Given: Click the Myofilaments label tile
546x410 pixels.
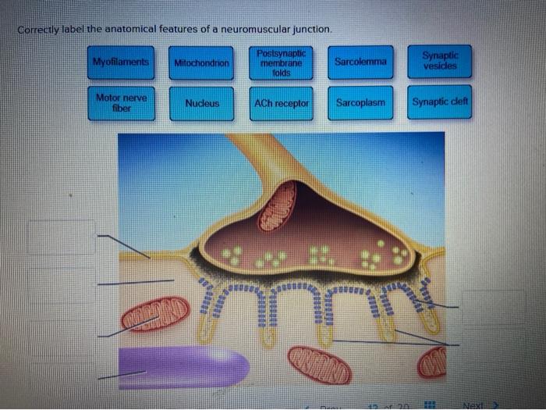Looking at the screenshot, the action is click(121, 62).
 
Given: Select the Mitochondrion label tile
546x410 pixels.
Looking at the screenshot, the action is click(202, 62).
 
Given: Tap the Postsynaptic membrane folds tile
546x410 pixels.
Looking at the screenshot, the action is click(282, 62).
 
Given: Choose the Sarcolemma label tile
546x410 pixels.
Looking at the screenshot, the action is click(360, 61).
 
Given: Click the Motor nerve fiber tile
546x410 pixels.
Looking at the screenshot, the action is click(121, 104).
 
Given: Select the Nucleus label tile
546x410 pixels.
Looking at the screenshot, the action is click(202, 104).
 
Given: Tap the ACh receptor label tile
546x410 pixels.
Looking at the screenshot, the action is click(282, 104).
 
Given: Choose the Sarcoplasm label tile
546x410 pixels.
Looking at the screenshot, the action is click(360, 103).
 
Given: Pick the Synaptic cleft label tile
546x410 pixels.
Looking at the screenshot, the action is click(440, 103).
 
